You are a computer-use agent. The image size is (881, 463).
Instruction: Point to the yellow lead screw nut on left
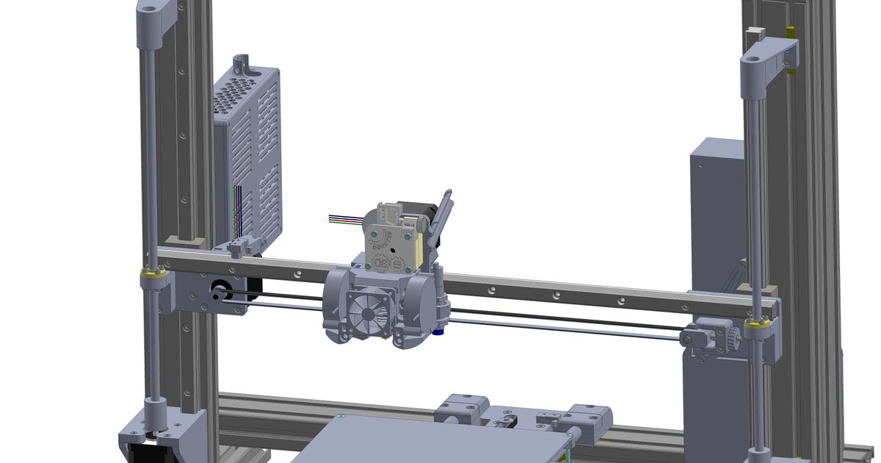point(153,274)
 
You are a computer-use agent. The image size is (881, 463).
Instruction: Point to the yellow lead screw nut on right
point(758,323)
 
